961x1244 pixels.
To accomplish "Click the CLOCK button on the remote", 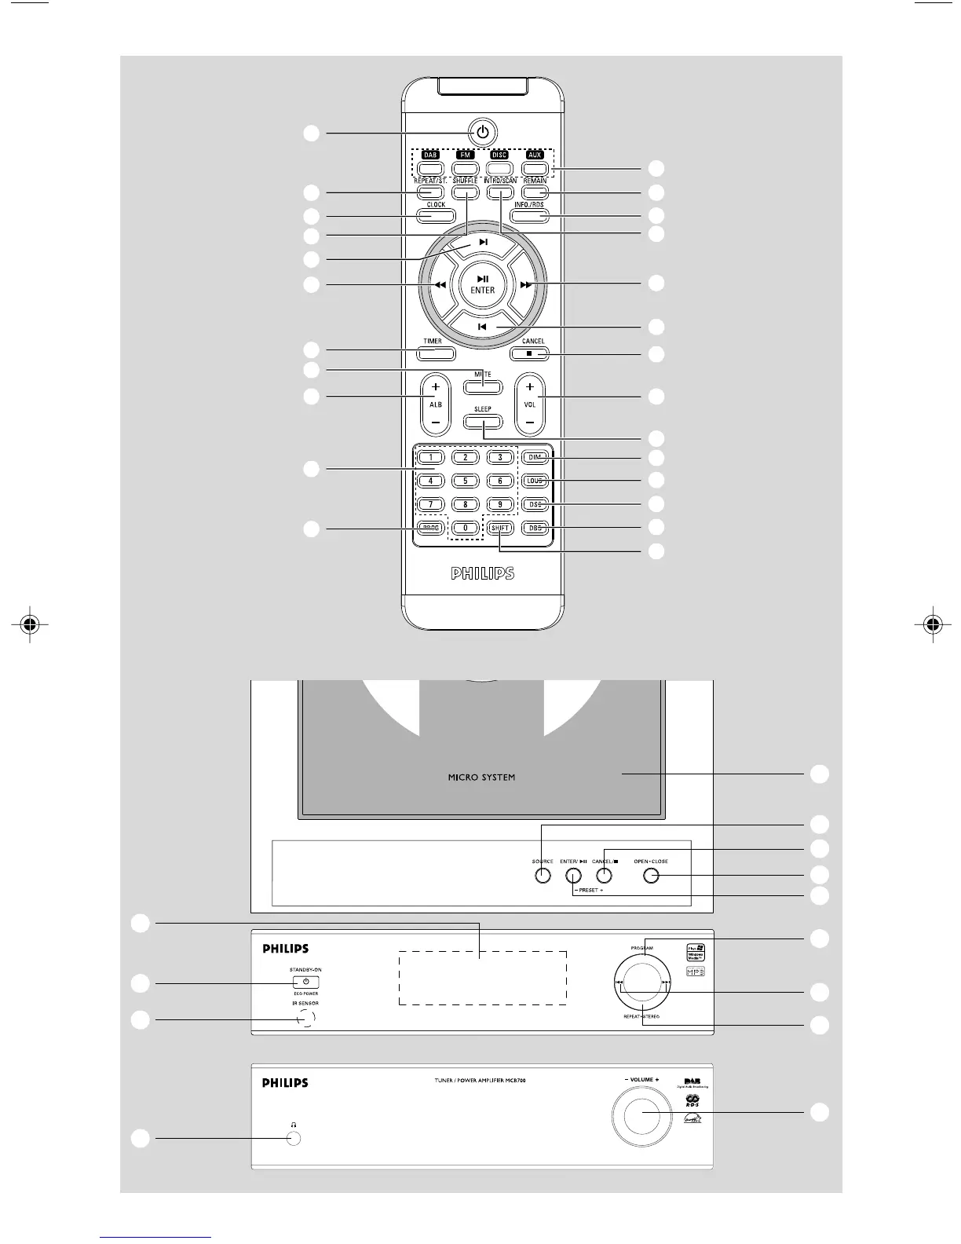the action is click(x=436, y=216).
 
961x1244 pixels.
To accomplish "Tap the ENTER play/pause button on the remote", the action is click(x=483, y=284).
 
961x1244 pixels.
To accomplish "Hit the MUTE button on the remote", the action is click(x=482, y=386).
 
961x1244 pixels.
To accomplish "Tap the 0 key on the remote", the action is click(x=466, y=528).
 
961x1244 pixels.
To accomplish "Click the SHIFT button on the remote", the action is click(x=500, y=528).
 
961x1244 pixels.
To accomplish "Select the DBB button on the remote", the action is click(x=535, y=528).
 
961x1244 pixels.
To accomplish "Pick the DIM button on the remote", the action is click(x=535, y=457).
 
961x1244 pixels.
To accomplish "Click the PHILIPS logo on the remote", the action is click(x=483, y=573).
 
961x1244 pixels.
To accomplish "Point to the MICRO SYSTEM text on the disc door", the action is click(x=481, y=777).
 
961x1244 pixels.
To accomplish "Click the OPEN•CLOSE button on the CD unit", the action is click(x=650, y=876).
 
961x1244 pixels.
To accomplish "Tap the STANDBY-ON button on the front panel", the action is click(x=305, y=982).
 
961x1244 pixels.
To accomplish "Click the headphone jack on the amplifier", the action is click(x=294, y=1139).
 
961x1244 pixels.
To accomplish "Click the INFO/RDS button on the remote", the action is click(x=530, y=216).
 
